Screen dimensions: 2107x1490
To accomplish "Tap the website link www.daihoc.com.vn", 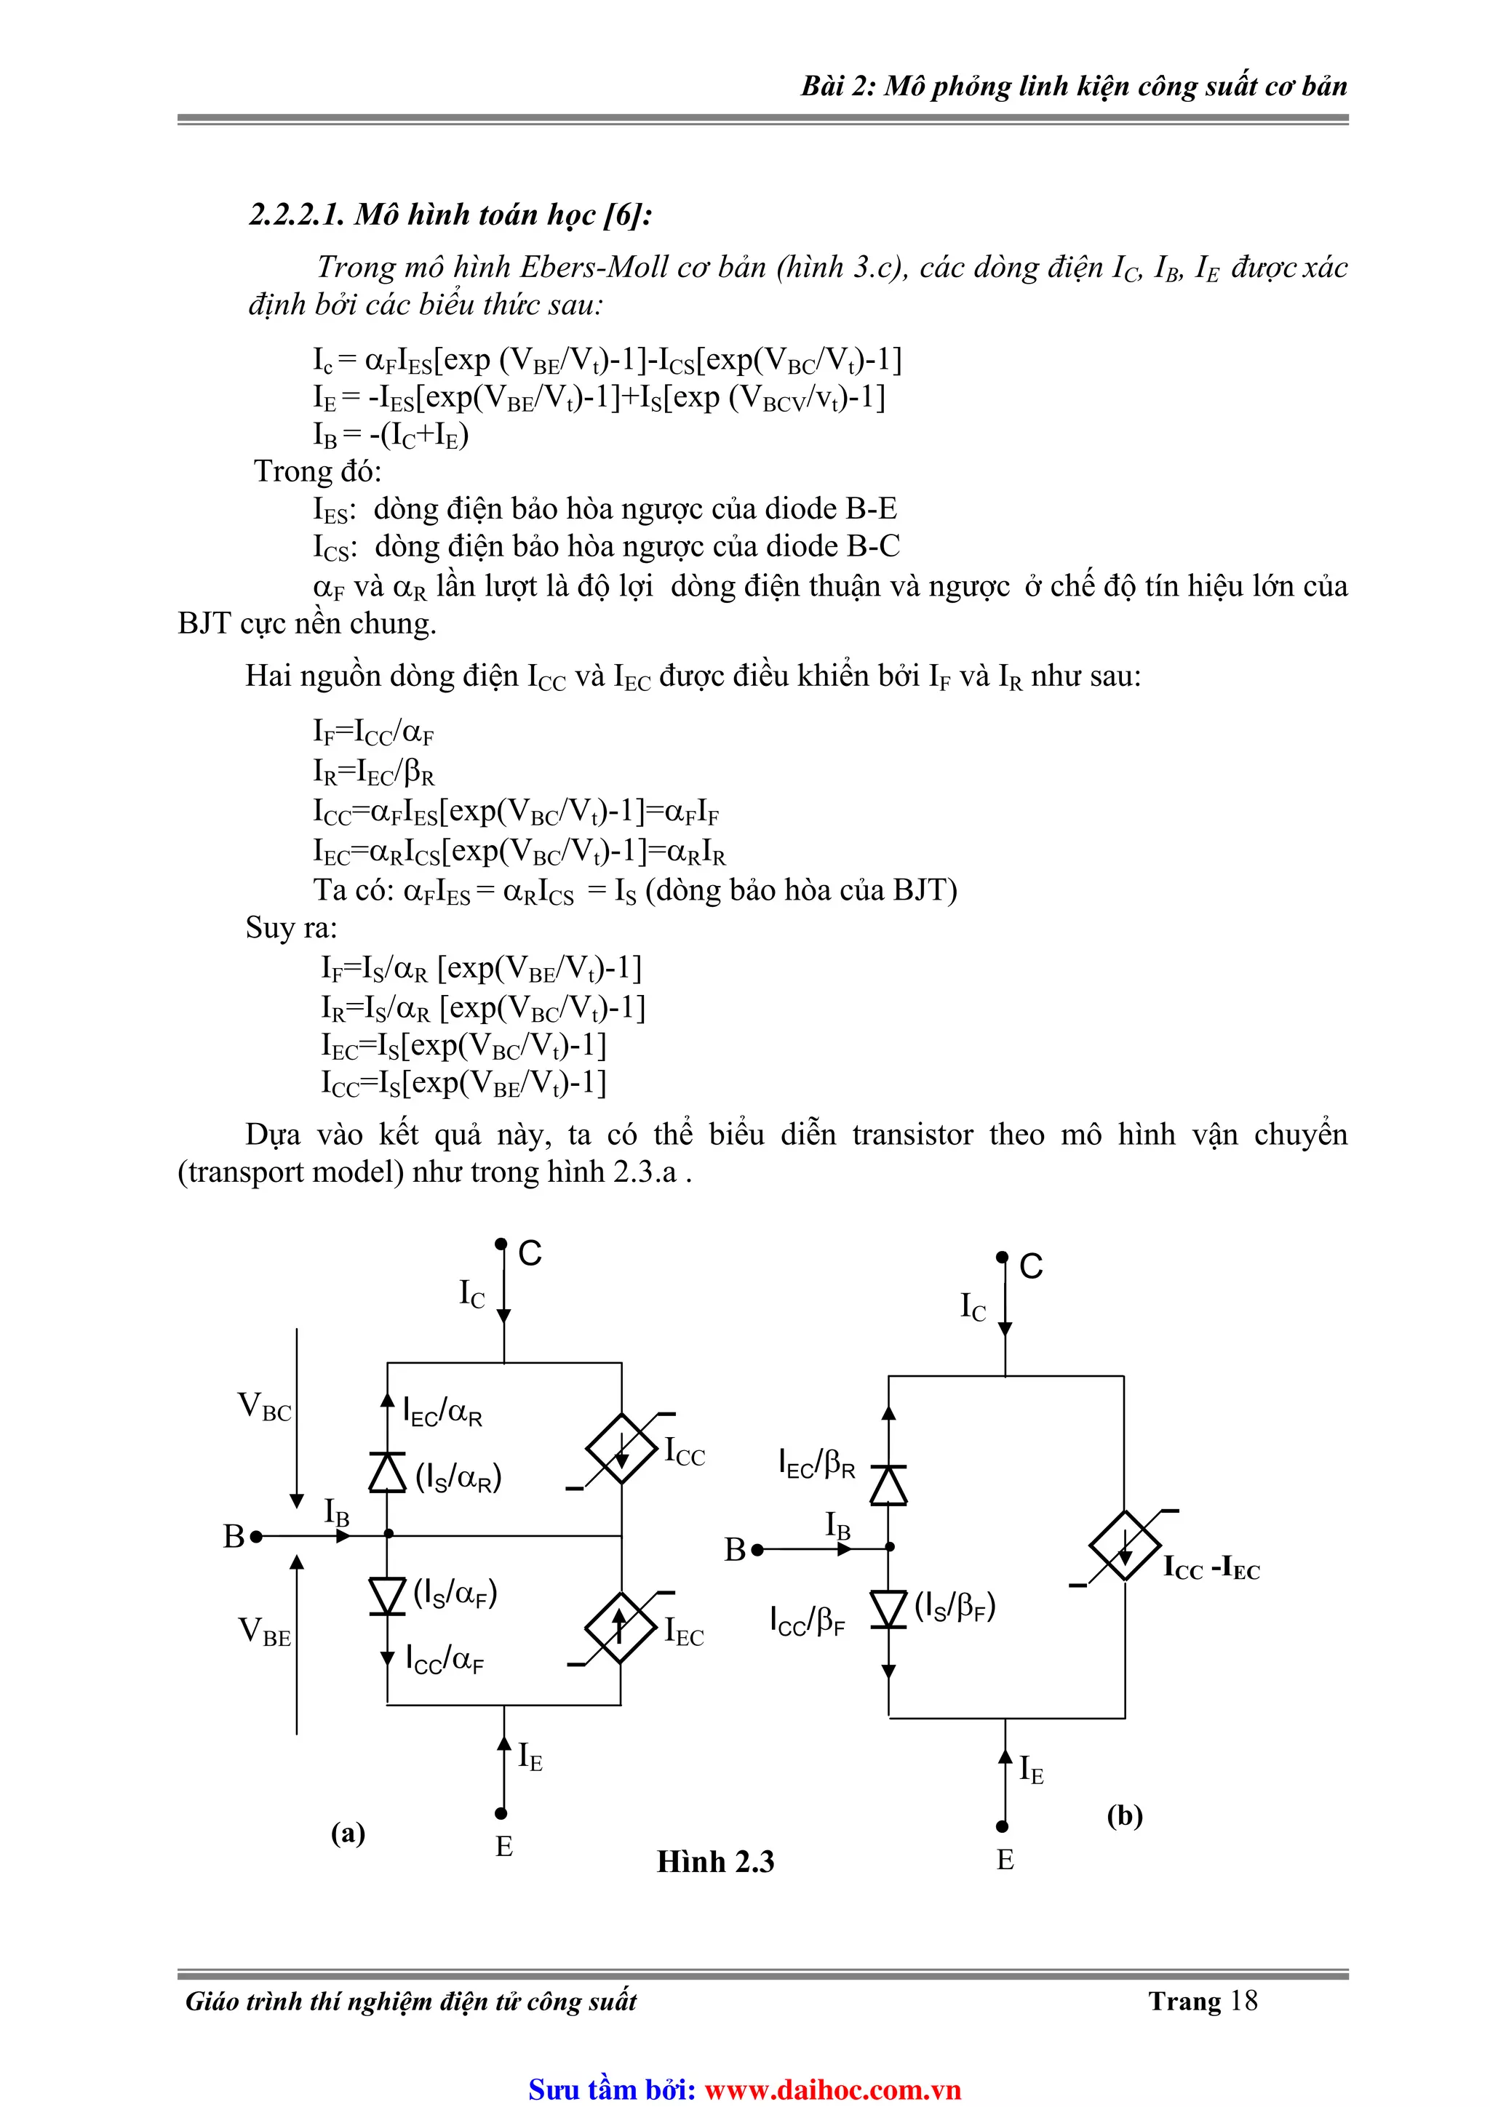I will point(833,2090).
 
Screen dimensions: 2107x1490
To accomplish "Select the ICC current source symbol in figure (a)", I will point(621,1448).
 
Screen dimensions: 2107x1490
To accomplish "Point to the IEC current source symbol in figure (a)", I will point(621,1627).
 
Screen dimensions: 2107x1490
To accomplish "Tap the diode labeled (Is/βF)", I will point(888,1609).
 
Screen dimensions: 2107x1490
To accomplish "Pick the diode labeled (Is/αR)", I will point(388,1472).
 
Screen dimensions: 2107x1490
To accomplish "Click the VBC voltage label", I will point(264,1407).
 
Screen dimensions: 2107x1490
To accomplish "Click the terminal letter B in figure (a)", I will point(234,1536).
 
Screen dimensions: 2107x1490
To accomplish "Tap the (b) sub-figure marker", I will point(1125,1815).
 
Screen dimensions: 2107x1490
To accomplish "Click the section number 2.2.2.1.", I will point(298,215).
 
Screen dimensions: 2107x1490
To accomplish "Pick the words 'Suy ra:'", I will point(291,928).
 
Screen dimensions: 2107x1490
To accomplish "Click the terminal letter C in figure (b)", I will point(1031,1266).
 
